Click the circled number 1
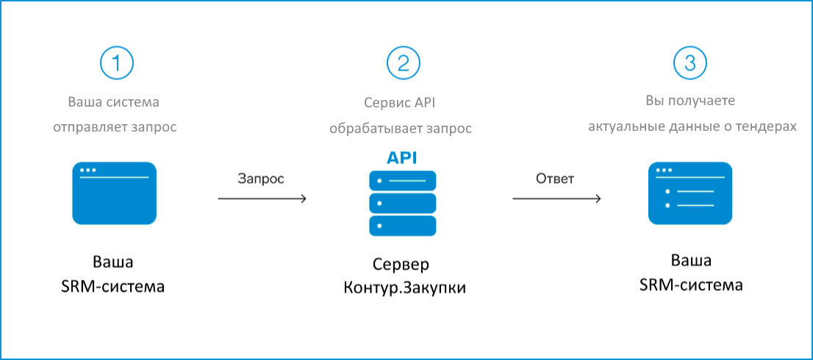click(x=117, y=64)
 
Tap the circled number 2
click(x=404, y=64)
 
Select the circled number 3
click(x=690, y=64)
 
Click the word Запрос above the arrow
click(x=262, y=179)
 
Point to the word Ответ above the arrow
click(x=555, y=179)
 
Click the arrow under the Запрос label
click(x=262, y=198)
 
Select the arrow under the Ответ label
click(x=557, y=198)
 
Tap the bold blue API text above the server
click(x=401, y=157)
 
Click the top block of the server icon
click(x=402, y=181)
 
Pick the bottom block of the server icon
click(x=402, y=226)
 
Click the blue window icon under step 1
click(x=114, y=193)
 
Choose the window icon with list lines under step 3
click(x=690, y=193)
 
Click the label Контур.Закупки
click(x=404, y=289)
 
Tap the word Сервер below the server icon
click(x=401, y=265)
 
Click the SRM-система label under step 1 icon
click(x=113, y=286)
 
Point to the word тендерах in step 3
click(x=770, y=126)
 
